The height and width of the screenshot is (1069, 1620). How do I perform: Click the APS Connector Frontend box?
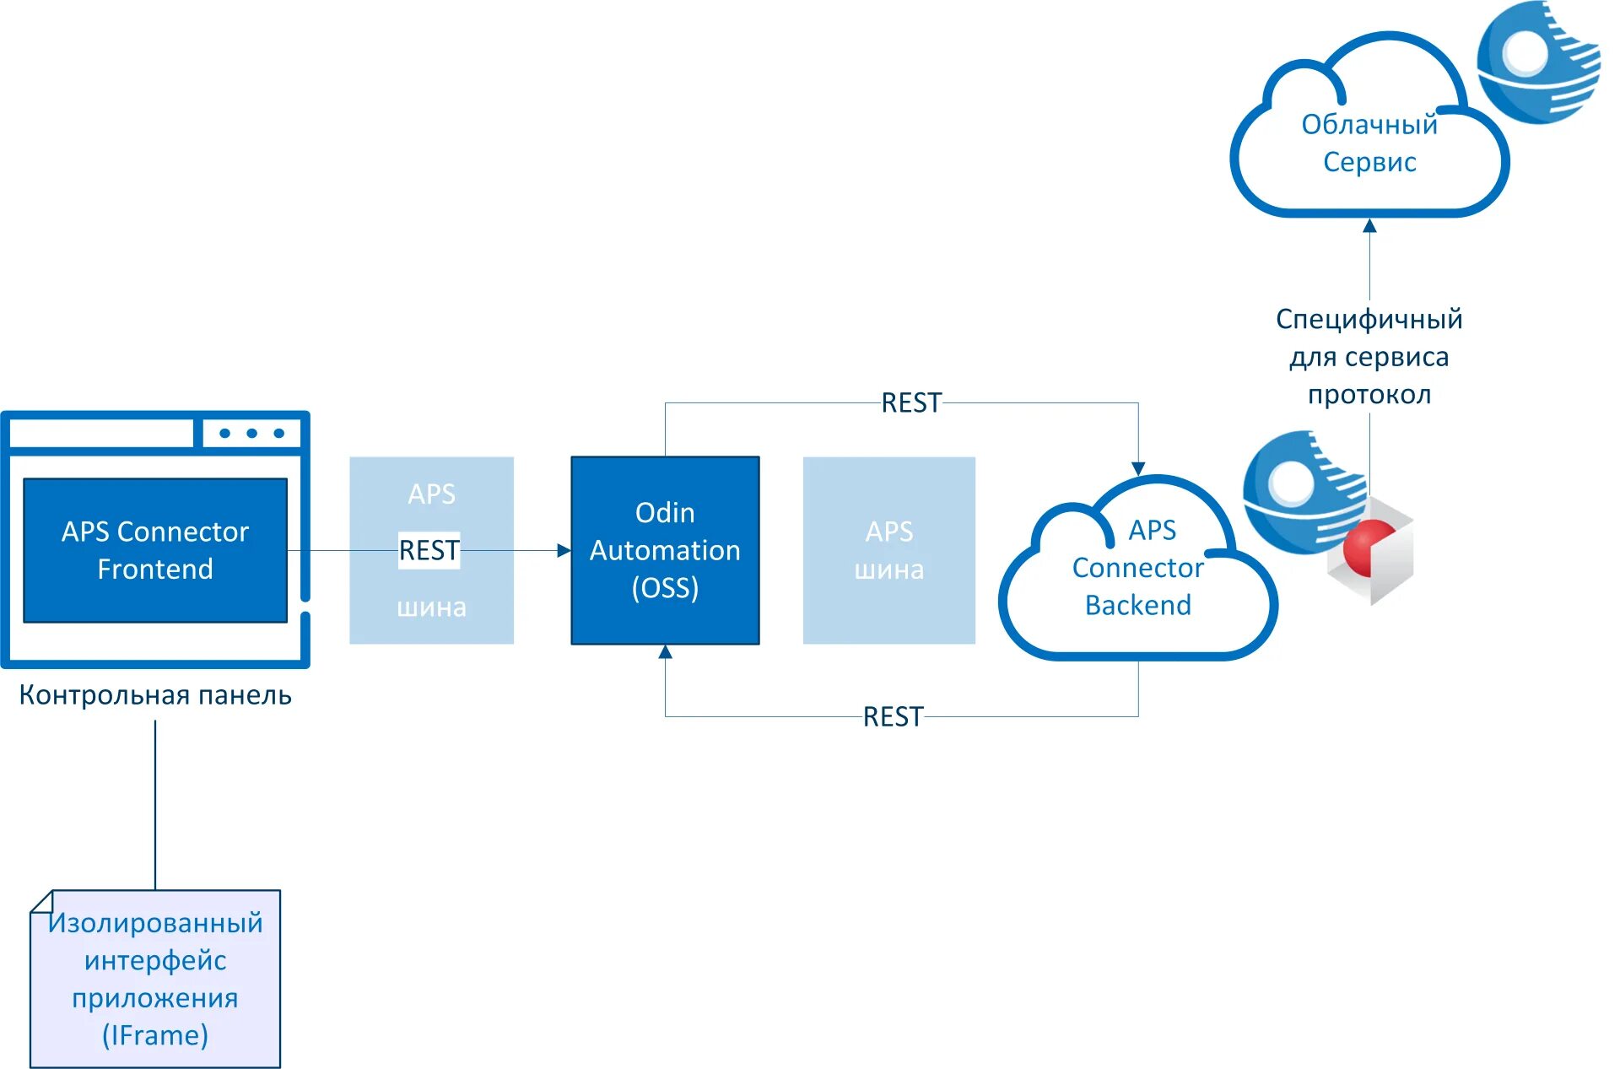(155, 550)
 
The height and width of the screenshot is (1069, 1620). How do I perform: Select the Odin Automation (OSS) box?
(665, 550)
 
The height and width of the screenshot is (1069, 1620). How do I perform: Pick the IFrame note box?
(155, 979)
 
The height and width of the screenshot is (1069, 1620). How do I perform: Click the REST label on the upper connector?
(911, 403)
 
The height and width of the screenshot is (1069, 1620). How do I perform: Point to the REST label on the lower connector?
(893, 717)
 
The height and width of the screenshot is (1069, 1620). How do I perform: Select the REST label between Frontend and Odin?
(429, 550)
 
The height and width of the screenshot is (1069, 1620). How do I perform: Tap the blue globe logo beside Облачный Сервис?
(1537, 61)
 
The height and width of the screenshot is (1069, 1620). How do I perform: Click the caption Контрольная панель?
(155, 695)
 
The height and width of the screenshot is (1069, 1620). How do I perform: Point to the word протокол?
(1369, 395)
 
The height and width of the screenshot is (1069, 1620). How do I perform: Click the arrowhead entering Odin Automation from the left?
(564, 550)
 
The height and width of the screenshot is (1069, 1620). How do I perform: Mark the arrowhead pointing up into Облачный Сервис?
(1369, 225)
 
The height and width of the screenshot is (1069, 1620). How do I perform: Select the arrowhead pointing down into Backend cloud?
(1138, 469)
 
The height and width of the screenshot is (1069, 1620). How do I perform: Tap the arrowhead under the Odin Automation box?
(665, 652)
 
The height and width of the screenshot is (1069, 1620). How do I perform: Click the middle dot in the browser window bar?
(251, 433)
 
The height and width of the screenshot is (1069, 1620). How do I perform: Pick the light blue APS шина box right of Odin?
(888, 550)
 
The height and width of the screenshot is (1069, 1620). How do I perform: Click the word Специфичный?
(1369, 319)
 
